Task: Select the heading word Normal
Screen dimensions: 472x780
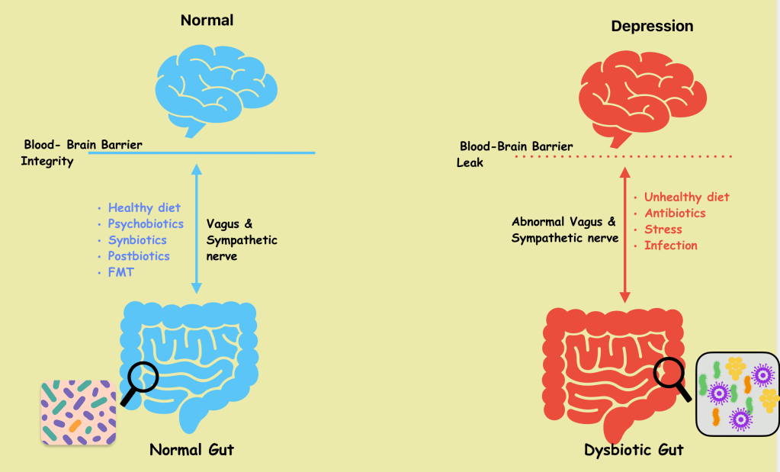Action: (207, 21)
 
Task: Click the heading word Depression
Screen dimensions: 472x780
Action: (652, 26)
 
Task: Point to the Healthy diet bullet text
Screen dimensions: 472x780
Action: (144, 207)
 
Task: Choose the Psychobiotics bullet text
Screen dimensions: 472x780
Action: (146, 224)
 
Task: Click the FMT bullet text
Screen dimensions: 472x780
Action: (120, 272)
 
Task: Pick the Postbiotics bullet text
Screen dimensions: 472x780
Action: (139, 256)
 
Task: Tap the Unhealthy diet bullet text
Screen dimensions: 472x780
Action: (686, 197)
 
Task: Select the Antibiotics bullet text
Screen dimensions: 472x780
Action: (675, 214)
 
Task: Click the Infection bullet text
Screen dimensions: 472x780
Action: (670, 246)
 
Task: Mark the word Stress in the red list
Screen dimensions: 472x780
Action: (663, 230)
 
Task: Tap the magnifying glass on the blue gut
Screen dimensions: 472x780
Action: (141, 377)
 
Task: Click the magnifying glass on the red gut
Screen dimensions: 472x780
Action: (670, 374)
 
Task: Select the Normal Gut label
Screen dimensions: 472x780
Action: (191, 449)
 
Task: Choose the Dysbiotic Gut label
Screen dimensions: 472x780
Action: (634, 450)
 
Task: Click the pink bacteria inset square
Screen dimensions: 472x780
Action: (78, 413)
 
